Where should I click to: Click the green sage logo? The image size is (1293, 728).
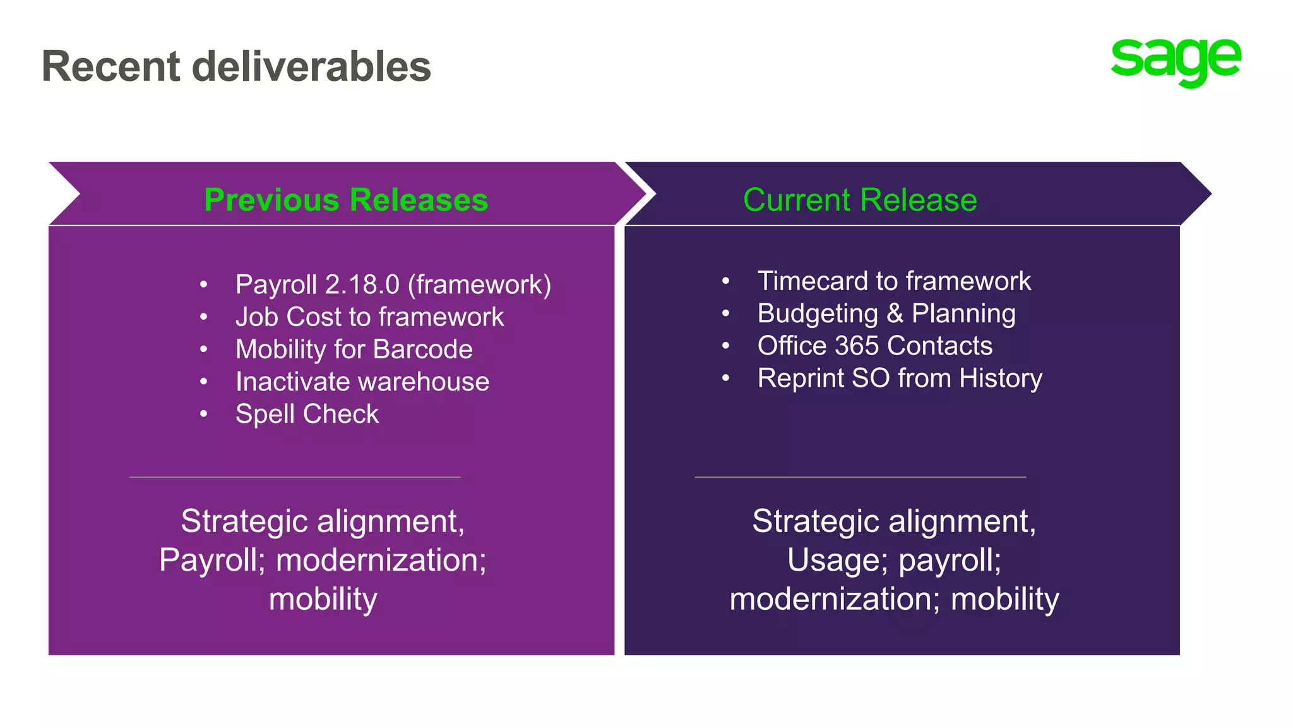1176,61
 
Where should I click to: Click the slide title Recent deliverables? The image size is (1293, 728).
236,66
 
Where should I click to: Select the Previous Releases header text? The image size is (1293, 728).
346,200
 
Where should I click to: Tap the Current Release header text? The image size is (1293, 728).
860,200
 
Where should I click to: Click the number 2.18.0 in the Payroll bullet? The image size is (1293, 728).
362,284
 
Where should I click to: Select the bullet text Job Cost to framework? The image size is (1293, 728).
369,317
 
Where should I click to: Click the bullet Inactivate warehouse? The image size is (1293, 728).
362,382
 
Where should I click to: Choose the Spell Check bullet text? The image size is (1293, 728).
307,414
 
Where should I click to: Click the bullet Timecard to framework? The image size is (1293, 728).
894,281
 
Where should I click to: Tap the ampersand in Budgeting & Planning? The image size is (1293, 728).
895,313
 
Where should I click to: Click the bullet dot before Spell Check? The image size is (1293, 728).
203,414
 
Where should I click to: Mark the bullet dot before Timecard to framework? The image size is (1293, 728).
726,281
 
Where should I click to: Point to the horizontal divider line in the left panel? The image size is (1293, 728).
295,477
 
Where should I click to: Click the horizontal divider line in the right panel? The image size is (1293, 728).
860,477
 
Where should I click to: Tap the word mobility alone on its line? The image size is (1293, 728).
323,598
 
